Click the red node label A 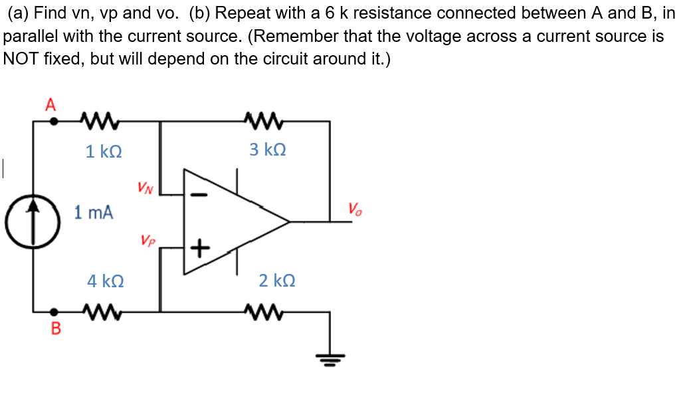pos(50,104)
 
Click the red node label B pos(56,329)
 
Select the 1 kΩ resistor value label pos(104,152)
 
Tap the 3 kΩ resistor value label pos(268,150)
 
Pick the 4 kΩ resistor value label pos(105,281)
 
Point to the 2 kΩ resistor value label pos(277,281)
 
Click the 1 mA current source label pos(94,213)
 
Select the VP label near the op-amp pos(148,239)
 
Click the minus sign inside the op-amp pos(199,195)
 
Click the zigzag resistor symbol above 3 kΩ pos(258,121)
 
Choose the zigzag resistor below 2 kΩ pos(258,310)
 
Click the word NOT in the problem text pos(21,59)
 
